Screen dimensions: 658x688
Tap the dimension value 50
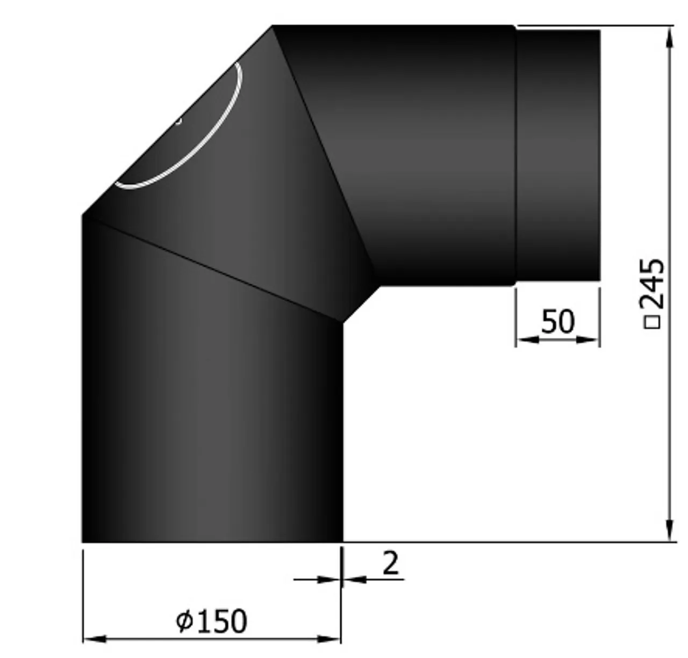(x=557, y=322)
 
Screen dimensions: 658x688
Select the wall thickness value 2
(x=391, y=563)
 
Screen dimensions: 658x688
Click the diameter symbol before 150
(x=184, y=621)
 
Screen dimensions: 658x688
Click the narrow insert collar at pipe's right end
(x=557, y=156)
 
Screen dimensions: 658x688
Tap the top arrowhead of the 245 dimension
(x=669, y=38)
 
